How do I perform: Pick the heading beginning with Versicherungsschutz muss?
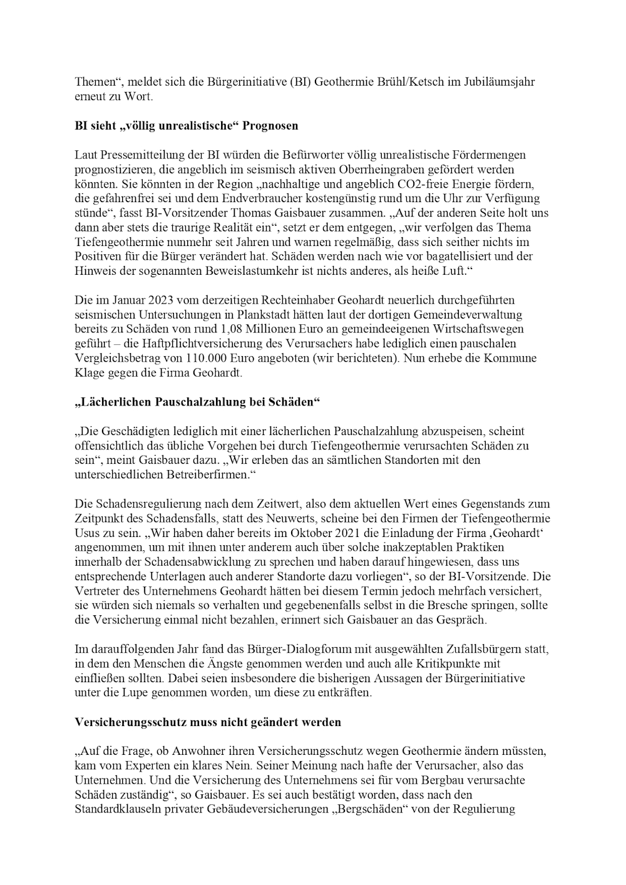point(208,722)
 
